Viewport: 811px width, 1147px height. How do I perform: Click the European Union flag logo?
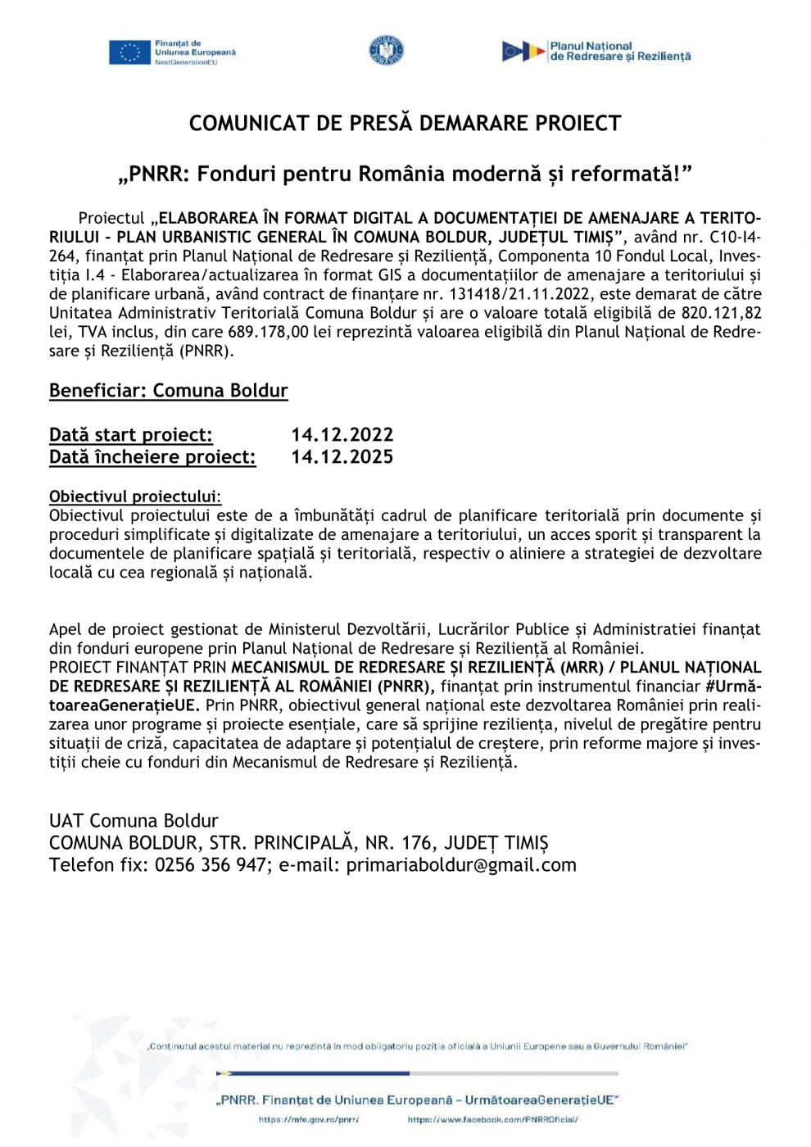click(x=129, y=52)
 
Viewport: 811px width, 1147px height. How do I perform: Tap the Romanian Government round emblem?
click(x=386, y=51)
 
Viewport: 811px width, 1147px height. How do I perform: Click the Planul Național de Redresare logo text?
click(x=619, y=52)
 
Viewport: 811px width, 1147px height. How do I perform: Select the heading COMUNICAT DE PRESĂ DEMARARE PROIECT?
click(x=405, y=124)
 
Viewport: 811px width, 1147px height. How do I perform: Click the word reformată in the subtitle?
click(x=622, y=174)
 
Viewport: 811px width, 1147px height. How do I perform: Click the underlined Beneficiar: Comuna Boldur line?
click(x=169, y=391)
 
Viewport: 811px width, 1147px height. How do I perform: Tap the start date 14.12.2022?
click(x=342, y=435)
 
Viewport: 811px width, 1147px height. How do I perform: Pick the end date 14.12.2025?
click(x=342, y=457)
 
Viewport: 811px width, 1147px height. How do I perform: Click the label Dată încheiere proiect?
click(x=152, y=457)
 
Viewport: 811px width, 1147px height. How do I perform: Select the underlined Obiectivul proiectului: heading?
click(x=135, y=496)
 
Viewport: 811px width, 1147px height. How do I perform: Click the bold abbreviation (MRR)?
click(x=582, y=668)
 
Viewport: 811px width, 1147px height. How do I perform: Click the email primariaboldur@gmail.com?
click(x=461, y=865)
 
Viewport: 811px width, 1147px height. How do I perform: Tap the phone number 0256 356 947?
click(x=211, y=865)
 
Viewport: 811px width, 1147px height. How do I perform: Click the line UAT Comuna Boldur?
click(x=134, y=821)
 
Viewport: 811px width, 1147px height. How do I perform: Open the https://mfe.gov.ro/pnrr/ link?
click(x=309, y=1120)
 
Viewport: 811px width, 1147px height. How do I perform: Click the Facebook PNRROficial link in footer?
click(x=492, y=1120)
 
